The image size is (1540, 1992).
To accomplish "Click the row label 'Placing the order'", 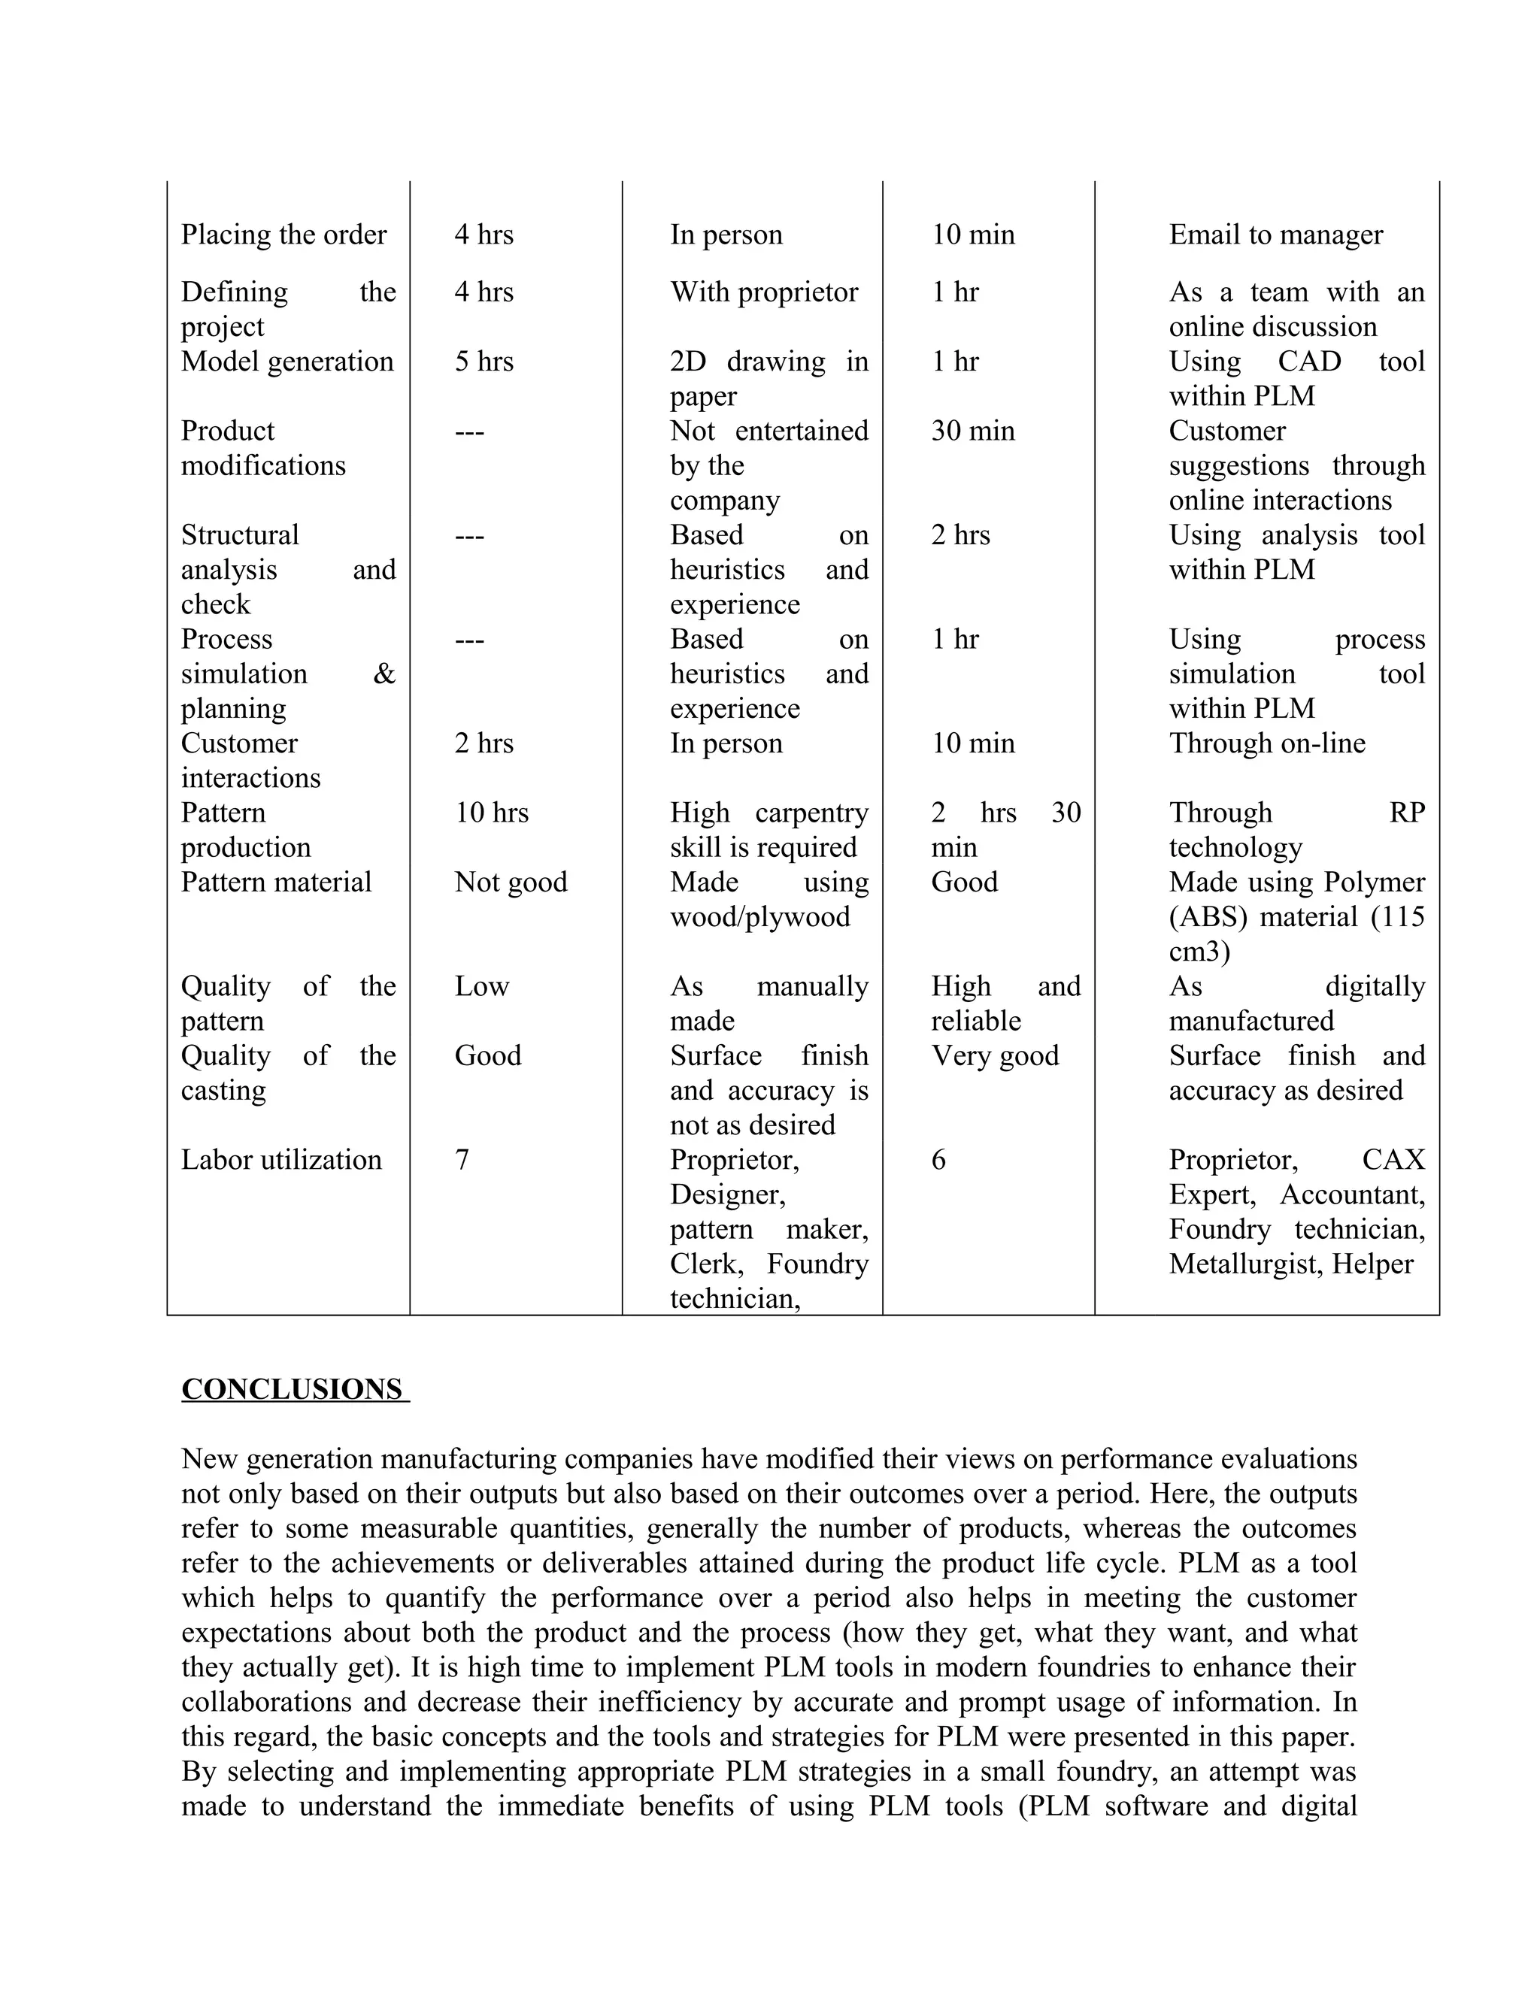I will [283, 235].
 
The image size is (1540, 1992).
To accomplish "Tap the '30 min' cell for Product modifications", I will [972, 431].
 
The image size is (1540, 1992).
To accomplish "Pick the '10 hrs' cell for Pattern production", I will [492, 813].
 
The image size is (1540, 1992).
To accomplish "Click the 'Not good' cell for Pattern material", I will [511, 882].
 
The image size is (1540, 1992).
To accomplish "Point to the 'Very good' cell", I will [994, 1056].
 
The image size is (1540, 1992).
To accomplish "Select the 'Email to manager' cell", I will [1275, 235].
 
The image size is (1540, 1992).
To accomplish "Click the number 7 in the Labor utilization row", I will [462, 1160].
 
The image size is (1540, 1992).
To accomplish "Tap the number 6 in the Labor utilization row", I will [938, 1160].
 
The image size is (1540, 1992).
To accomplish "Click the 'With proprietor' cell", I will [764, 292].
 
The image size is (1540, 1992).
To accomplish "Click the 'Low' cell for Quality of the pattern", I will [482, 987].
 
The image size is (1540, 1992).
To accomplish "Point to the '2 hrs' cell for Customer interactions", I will [484, 743].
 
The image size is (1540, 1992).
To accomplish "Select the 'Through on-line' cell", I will [1267, 743].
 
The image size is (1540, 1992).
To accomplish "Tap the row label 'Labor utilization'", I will [281, 1160].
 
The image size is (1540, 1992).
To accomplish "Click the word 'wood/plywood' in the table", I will [760, 916].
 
